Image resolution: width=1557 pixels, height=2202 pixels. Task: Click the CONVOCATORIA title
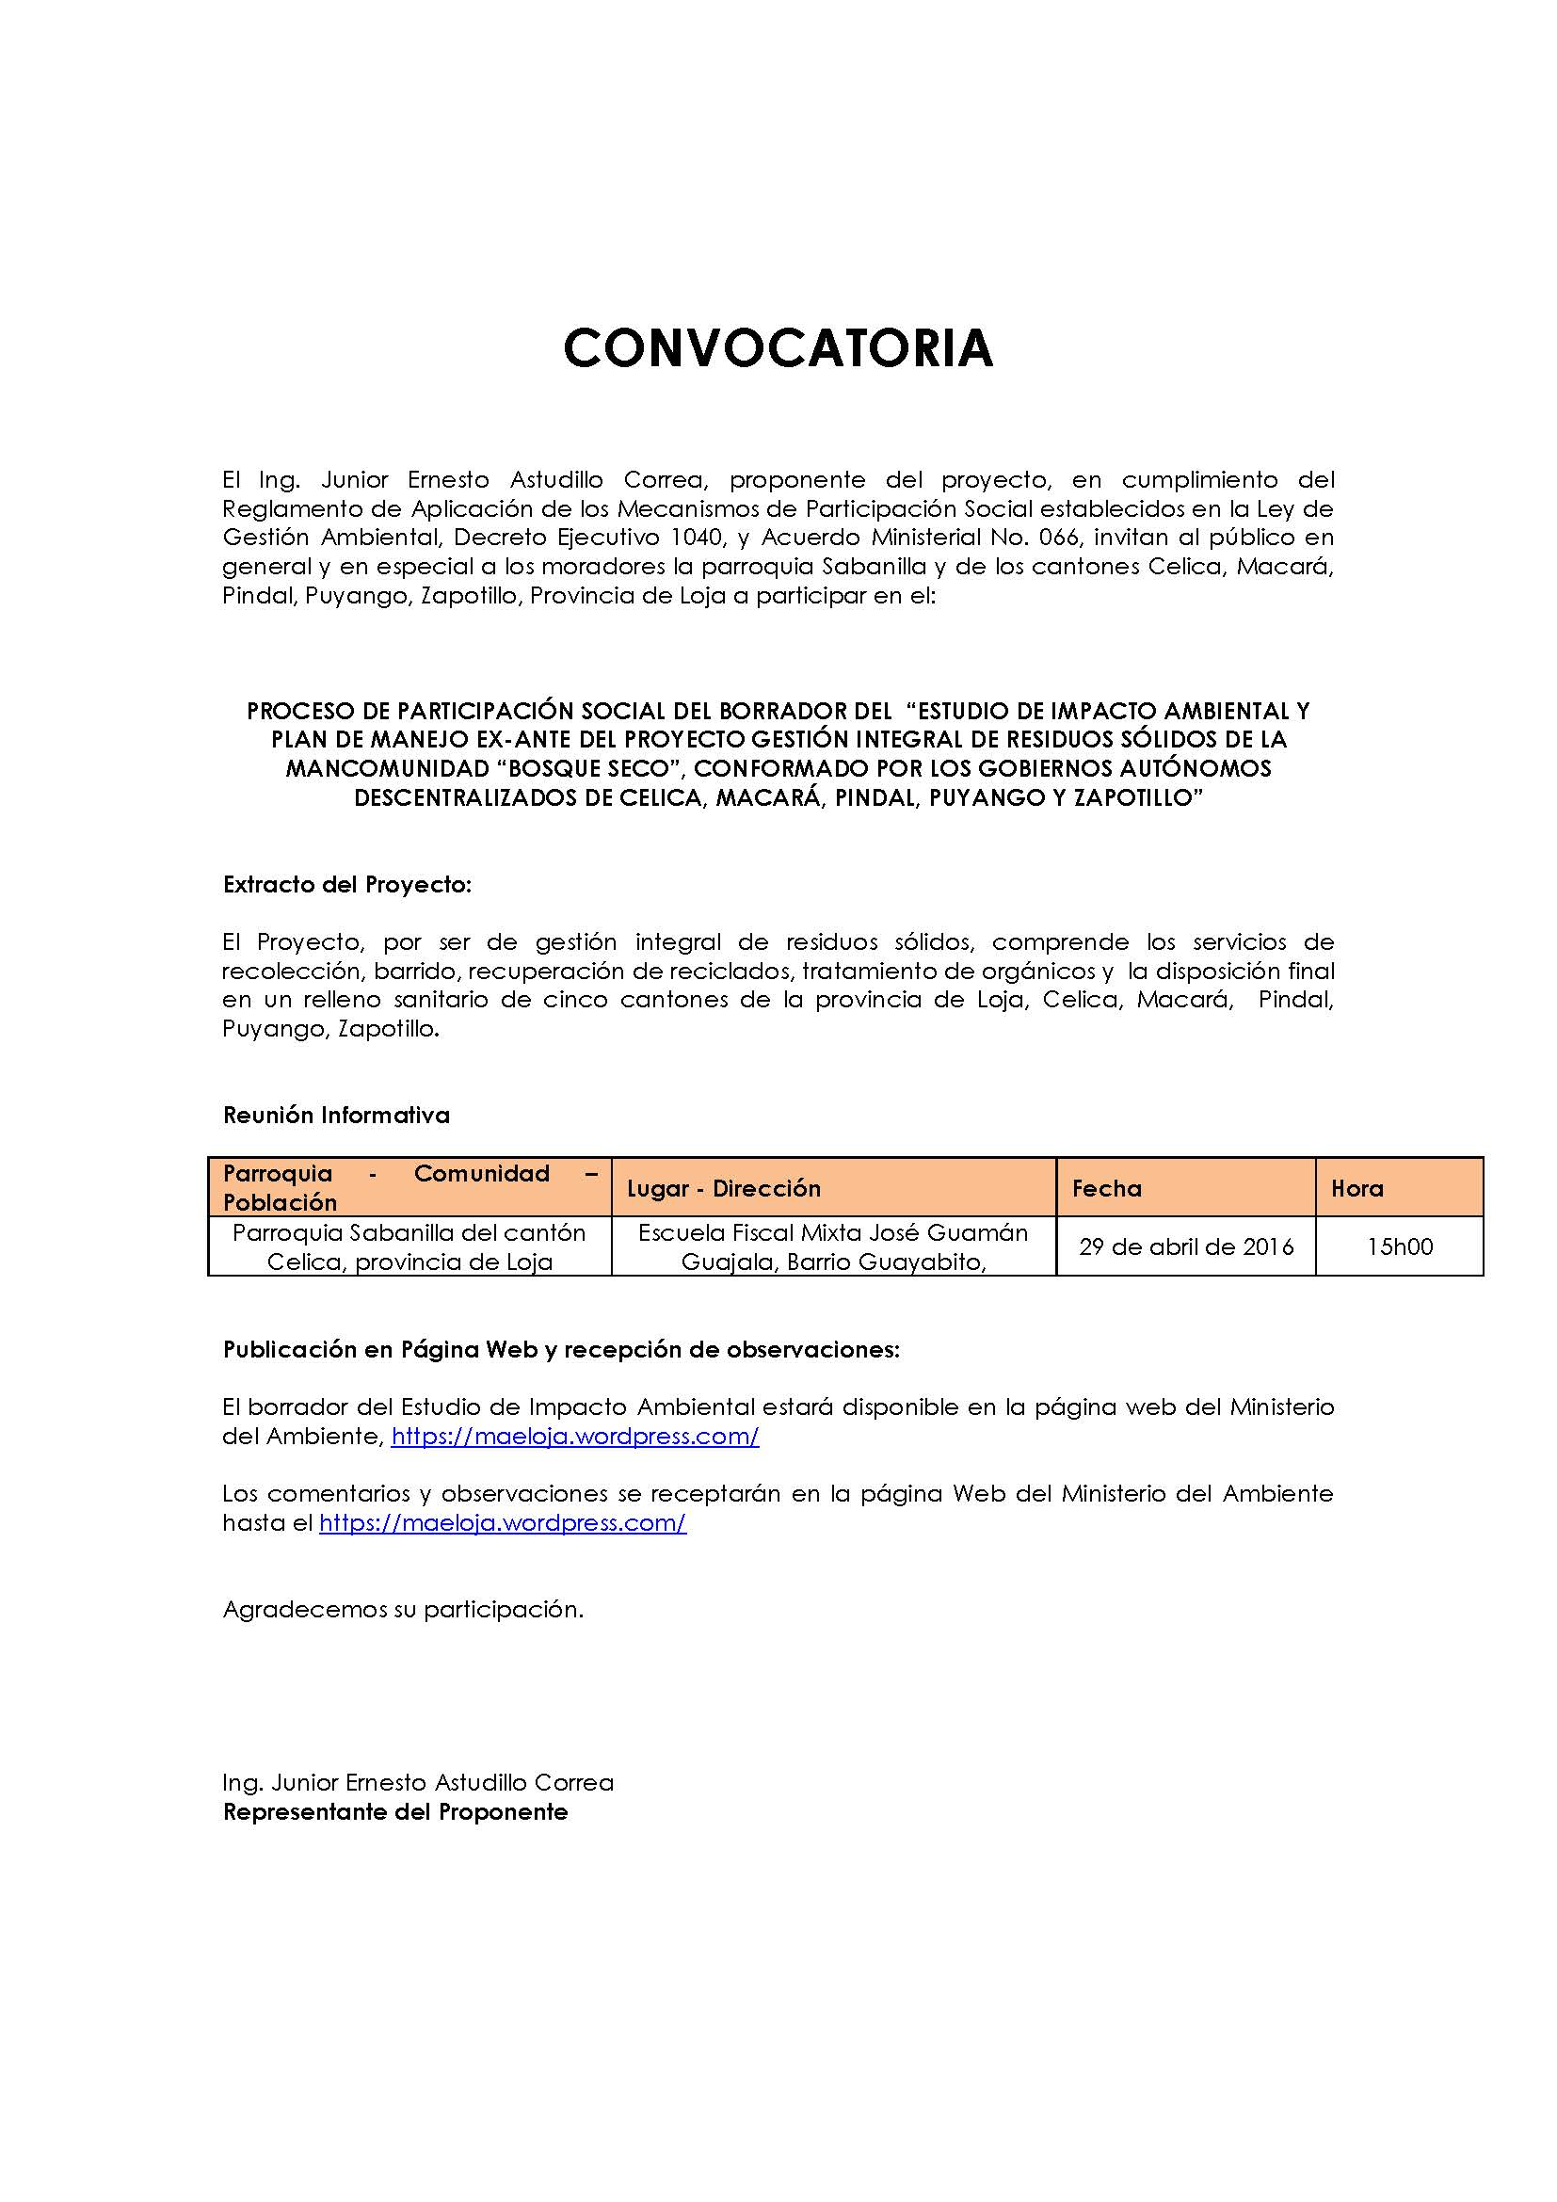pos(778,347)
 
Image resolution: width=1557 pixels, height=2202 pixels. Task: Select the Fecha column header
pos(1106,1188)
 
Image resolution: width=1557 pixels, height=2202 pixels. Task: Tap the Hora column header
pos(1356,1188)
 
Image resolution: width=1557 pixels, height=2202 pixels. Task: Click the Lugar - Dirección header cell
pos(724,1188)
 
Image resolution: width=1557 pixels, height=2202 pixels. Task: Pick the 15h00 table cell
pos(1400,1246)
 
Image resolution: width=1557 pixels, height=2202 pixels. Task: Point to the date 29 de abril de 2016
pos(1186,1246)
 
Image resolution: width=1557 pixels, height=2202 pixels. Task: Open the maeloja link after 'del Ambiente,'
pos(575,1436)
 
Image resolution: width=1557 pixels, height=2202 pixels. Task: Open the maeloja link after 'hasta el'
pos(503,1522)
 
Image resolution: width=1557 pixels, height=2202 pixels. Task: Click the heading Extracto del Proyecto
pos(347,884)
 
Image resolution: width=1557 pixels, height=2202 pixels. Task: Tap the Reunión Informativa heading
pos(335,1115)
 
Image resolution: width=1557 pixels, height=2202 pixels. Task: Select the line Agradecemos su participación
pos(403,1608)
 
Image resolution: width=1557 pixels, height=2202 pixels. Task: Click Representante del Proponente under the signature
pos(395,1811)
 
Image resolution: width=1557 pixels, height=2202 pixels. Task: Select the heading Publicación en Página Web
pos(561,1349)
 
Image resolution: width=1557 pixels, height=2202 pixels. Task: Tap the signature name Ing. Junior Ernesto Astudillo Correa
pos(418,1782)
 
